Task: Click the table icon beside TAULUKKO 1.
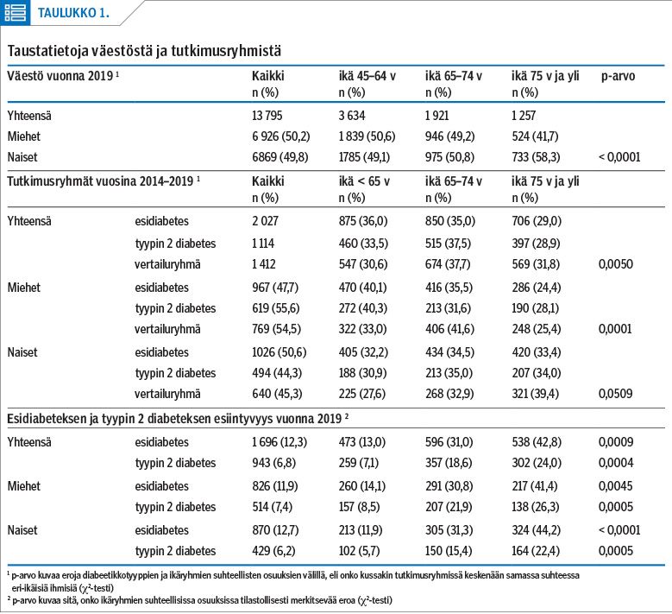tap(15, 12)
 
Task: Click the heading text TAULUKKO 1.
tap(73, 13)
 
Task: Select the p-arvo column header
tap(618, 76)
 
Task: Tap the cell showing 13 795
tap(267, 116)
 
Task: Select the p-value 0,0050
tap(615, 264)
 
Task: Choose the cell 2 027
tap(265, 221)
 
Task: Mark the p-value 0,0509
tap(615, 394)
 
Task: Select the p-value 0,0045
tap(615, 485)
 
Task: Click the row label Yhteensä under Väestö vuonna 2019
tap(29, 116)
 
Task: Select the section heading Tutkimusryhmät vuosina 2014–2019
tap(100, 181)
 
